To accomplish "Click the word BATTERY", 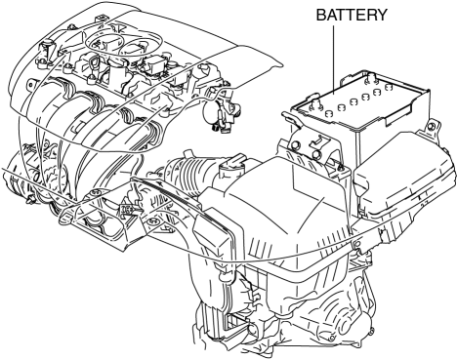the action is [352, 15].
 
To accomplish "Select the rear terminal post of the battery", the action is [371, 78].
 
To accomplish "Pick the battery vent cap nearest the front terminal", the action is [329, 113].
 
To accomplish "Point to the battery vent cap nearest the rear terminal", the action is [388, 87].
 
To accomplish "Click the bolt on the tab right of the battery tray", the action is [431, 126].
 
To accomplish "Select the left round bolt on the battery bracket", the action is [296, 145].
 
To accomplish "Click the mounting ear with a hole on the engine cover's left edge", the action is [31, 85].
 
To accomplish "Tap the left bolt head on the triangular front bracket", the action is [95, 193].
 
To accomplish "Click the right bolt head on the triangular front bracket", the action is [152, 221].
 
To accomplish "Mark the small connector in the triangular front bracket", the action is [126, 210].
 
